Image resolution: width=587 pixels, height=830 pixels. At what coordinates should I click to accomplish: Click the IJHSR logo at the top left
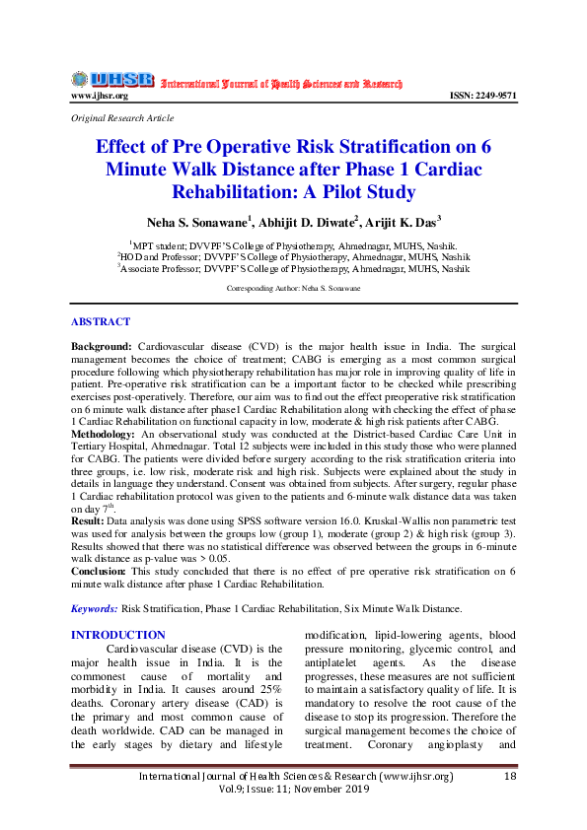coord(110,79)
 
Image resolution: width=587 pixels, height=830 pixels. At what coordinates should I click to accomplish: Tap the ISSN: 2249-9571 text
coord(483,96)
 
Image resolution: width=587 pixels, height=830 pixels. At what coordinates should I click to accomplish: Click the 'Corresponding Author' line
coord(293,288)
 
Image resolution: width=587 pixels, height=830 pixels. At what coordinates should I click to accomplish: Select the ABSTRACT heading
coord(101,322)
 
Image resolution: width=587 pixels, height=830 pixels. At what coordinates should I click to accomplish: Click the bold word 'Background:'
coord(102,348)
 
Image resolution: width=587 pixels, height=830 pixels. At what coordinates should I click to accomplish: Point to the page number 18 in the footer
coord(510,777)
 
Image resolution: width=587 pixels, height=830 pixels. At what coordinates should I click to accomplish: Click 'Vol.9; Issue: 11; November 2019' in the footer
coord(293,791)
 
